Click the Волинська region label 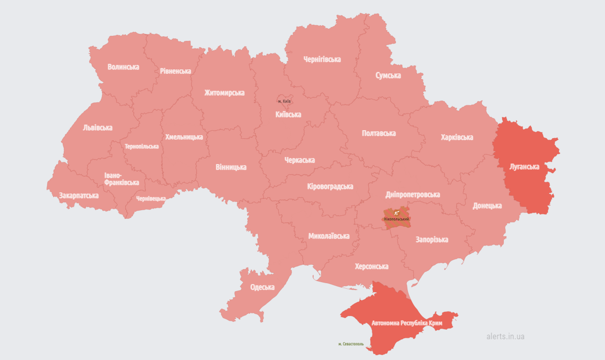tap(123, 67)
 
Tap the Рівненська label tap(175, 71)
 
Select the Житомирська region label tap(224, 93)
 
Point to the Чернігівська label tap(322, 59)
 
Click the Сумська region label tap(388, 75)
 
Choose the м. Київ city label tap(284, 101)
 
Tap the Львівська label tap(97, 128)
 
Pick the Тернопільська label tap(141, 146)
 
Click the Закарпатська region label tap(79, 195)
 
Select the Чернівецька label tap(150, 198)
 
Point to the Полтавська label tap(379, 133)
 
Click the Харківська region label tap(457, 137)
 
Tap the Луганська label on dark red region tap(524, 166)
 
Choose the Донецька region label tap(487, 206)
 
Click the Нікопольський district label tap(397, 219)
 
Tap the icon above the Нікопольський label tap(396, 213)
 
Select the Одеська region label tap(262, 287)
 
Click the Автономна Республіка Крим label tap(407, 323)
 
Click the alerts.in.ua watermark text tap(505, 336)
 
